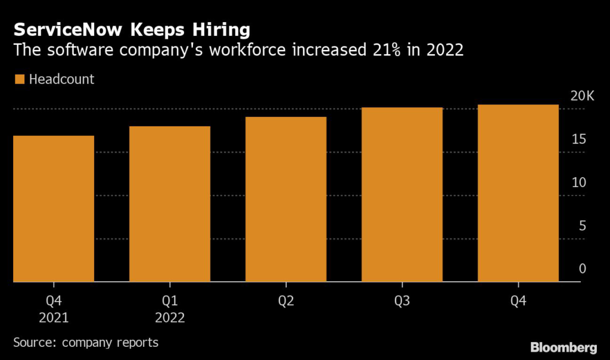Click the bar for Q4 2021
(x=54, y=209)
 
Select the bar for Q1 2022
(x=170, y=204)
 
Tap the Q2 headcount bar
(x=286, y=199)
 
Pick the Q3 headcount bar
(x=402, y=194)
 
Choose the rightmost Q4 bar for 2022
(x=518, y=193)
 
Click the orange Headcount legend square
(x=19, y=79)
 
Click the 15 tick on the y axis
(x=579, y=140)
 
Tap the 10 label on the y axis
(x=579, y=183)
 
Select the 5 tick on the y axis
(x=582, y=226)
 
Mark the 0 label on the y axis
(x=582, y=269)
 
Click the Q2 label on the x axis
(x=286, y=302)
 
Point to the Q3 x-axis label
(x=402, y=302)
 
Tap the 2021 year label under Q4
(x=54, y=318)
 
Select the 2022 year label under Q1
(x=170, y=318)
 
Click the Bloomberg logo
(x=564, y=346)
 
